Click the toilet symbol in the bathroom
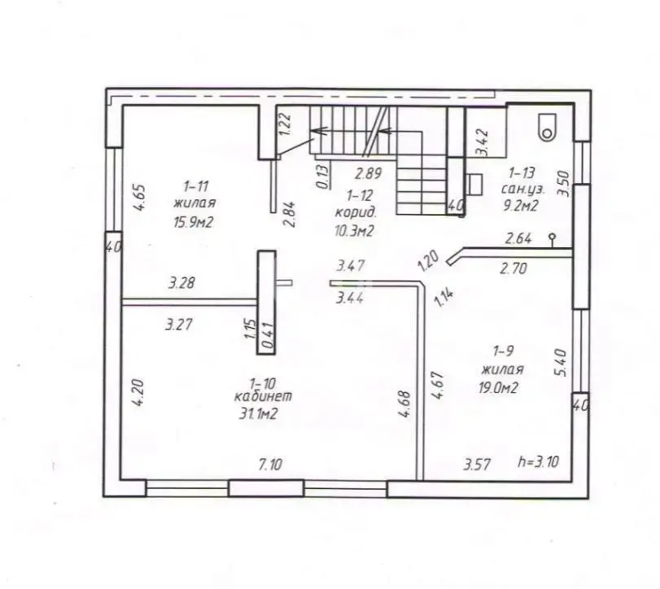tap(547, 127)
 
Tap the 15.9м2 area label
tap(194, 222)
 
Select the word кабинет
tap(263, 396)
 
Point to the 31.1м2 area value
tap(258, 414)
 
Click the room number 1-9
tap(504, 351)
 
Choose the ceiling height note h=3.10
tap(539, 462)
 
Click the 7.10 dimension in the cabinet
tap(270, 465)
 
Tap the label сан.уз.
tap(522, 190)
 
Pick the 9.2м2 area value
tap(521, 206)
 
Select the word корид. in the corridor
tap(356, 212)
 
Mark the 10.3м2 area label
tap(354, 231)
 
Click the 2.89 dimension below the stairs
tap(369, 173)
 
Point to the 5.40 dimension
tap(562, 362)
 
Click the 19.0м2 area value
tap(498, 387)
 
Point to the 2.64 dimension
tap(518, 239)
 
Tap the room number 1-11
tap(196, 186)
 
